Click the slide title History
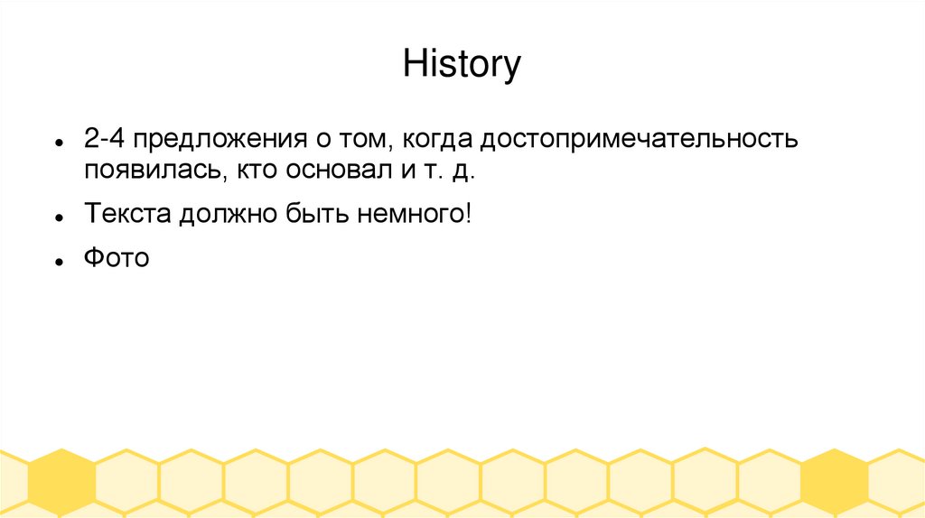462,65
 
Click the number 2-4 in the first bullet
105,140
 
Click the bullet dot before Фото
58,262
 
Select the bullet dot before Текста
58,217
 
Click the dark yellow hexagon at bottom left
61,483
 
